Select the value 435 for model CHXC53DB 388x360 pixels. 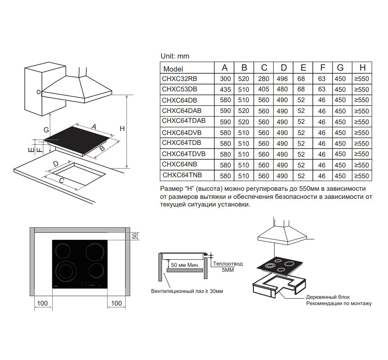[225, 90]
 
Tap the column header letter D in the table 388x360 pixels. [284, 68]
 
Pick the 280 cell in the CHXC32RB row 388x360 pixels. [264, 79]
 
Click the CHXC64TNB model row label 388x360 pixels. [182, 175]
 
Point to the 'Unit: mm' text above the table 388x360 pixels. [175, 56]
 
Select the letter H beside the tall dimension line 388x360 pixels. [122, 129]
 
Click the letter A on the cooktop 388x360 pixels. [94, 127]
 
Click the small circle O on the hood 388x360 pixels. [39, 92]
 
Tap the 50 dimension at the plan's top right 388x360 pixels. [134, 236]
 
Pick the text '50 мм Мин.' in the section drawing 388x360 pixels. [184, 265]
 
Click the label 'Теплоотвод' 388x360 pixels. [228, 264]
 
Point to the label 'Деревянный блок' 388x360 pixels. [327, 297]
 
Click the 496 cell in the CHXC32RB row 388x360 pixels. [284, 79]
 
